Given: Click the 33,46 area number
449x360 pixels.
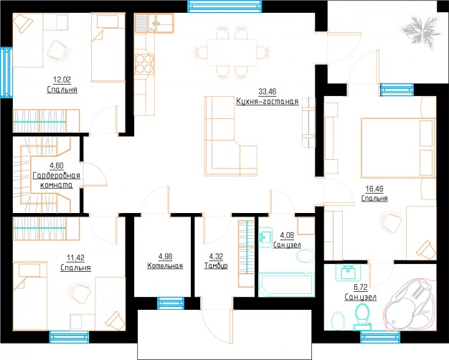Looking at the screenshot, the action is point(267,92).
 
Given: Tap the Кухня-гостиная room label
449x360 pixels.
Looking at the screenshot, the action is point(267,101).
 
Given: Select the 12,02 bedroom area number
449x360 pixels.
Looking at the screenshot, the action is point(62,80).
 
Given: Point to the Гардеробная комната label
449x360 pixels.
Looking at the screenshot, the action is point(57,180).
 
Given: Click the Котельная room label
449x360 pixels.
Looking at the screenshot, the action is point(165,266).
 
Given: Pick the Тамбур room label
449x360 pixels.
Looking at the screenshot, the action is point(216,266).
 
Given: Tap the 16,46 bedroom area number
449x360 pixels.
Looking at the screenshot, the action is point(374,189).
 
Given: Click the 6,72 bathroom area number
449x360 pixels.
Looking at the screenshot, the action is point(360,287).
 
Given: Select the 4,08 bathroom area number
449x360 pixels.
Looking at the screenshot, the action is point(287,235).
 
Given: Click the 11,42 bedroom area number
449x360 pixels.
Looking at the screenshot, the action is point(75,257).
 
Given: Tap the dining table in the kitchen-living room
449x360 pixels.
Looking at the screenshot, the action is point(232,52).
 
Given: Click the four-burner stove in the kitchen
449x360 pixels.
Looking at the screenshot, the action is point(144,64).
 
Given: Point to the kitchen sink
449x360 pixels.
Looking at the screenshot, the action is point(154,23).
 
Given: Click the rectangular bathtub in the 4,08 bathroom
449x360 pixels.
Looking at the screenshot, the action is point(287,284).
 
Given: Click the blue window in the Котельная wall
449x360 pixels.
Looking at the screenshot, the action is point(171,303).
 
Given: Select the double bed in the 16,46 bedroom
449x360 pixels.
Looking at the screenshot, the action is point(398,148).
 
